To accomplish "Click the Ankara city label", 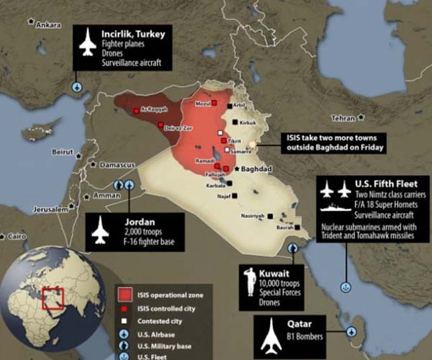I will coord(48,25).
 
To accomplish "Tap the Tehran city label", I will coord(342,117).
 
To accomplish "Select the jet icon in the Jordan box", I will coord(100,231).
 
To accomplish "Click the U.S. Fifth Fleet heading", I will coord(387,184).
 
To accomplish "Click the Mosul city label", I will coord(204,104).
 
